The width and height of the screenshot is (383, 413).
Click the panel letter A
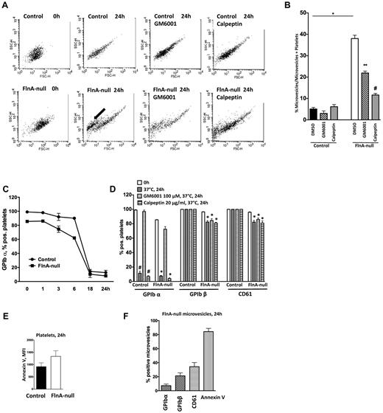point(5,6)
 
